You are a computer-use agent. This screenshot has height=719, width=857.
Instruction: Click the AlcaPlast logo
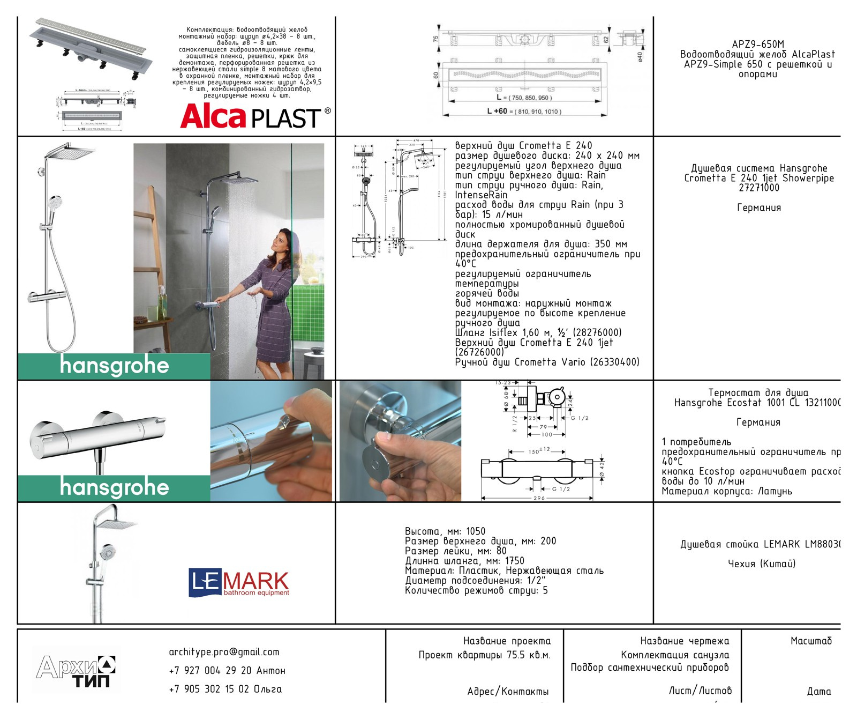[255, 117]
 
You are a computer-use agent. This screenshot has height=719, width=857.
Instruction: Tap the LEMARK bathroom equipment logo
[238, 583]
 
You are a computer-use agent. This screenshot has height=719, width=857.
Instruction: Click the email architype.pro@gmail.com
[224, 653]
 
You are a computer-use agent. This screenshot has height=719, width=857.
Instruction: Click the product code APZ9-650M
[757, 45]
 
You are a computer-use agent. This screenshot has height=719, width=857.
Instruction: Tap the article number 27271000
[758, 188]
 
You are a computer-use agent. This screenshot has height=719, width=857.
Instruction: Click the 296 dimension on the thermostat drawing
[539, 498]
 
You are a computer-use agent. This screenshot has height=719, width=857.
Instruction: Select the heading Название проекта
[507, 641]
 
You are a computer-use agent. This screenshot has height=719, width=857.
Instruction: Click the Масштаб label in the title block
[811, 641]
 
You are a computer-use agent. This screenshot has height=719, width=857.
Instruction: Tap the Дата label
[819, 692]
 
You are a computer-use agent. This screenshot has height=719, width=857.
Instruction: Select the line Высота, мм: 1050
[445, 531]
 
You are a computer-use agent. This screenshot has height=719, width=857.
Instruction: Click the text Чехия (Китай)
[761, 564]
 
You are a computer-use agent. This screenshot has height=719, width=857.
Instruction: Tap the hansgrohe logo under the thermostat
[114, 487]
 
